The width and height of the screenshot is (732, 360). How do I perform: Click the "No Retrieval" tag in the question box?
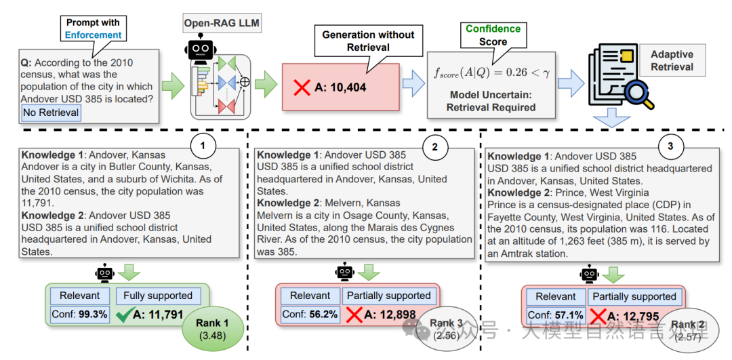[51, 113]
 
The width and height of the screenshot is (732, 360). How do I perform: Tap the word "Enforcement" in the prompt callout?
[94, 35]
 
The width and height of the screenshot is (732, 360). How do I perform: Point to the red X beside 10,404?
[302, 87]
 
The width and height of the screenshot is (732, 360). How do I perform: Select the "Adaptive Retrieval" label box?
[672, 60]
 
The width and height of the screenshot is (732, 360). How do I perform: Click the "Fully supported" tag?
[158, 296]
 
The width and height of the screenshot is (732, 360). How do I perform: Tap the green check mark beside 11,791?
[124, 315]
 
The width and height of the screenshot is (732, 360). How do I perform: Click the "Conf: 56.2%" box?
[310, 315]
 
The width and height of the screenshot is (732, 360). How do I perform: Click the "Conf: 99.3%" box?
[79, 315]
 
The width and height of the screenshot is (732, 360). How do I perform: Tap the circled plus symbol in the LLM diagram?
[244, 82]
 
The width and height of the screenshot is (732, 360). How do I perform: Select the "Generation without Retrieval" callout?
[368, 41]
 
